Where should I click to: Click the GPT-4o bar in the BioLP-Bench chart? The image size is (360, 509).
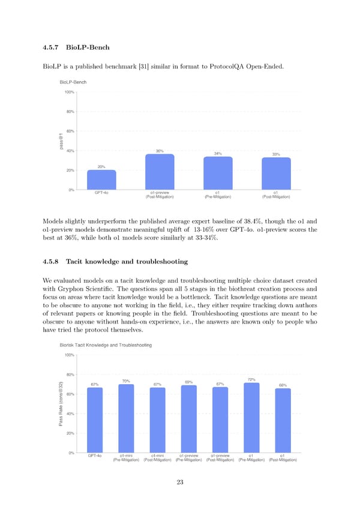click(101, 179)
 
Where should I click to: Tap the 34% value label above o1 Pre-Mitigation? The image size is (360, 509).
click(218, 154)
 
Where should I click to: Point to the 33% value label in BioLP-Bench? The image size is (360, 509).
click(276, 154)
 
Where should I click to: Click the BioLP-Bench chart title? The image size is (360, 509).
click(73, 82)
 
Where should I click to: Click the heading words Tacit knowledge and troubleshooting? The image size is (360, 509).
click(127, 262)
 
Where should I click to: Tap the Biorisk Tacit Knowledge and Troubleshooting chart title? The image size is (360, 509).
click(106, 345)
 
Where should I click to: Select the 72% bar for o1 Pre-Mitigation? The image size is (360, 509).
click(252, 417)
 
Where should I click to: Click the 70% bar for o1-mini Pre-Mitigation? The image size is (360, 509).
click(126, 418)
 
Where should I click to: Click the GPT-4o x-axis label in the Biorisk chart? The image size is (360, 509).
click(95, 456)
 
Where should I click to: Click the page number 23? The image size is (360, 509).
click(180, 483)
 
